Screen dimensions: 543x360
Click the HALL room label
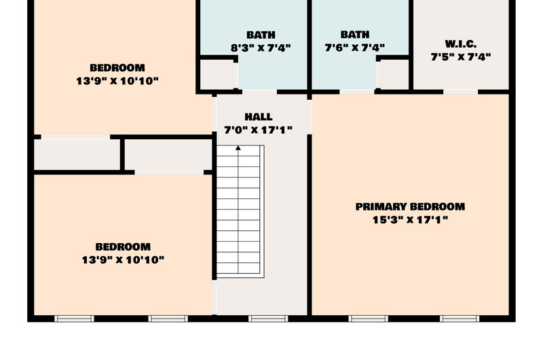click(259, 117)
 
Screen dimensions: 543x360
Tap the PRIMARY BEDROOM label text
click(410, 206)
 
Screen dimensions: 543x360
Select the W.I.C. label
click(461, 44)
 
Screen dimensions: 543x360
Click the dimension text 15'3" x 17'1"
click(410, 219)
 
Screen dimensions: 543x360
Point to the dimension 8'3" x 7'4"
click(261, 48)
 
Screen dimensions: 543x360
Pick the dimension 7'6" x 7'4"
click(354, 48)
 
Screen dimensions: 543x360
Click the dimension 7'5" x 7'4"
click(461, 56)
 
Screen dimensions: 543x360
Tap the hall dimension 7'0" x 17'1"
click(259, 130)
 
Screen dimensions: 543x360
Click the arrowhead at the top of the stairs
click(238, 148)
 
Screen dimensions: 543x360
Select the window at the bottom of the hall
click(268, 319)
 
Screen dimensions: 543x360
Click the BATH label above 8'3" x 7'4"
click(261, 35)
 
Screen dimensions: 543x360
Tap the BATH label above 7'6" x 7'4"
click(354, 35)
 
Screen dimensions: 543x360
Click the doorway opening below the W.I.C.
click(461, 92)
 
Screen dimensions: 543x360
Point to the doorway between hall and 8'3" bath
click(259, 92)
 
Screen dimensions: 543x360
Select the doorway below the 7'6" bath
click(357, 92)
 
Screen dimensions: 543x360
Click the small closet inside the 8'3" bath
click(217, 75)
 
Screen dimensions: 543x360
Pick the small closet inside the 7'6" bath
click(394, 74)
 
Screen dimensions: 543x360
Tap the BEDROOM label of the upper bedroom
click(117, 67)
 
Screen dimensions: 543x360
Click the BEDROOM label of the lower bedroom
click(123, 247)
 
